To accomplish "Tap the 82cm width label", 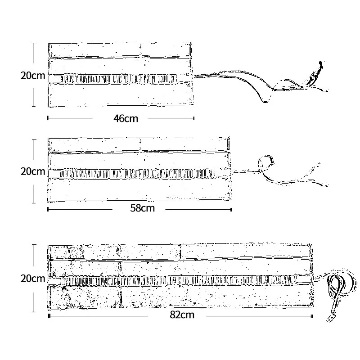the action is click(182, 315).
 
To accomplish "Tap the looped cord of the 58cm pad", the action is click(265, 163).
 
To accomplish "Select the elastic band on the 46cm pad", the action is click(119, 79).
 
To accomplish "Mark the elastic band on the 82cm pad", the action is click(180, 281).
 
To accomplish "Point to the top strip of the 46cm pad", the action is click(121, 49).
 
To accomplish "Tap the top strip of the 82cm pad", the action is click(180, 252).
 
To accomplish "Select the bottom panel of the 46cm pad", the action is click(121, 95).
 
